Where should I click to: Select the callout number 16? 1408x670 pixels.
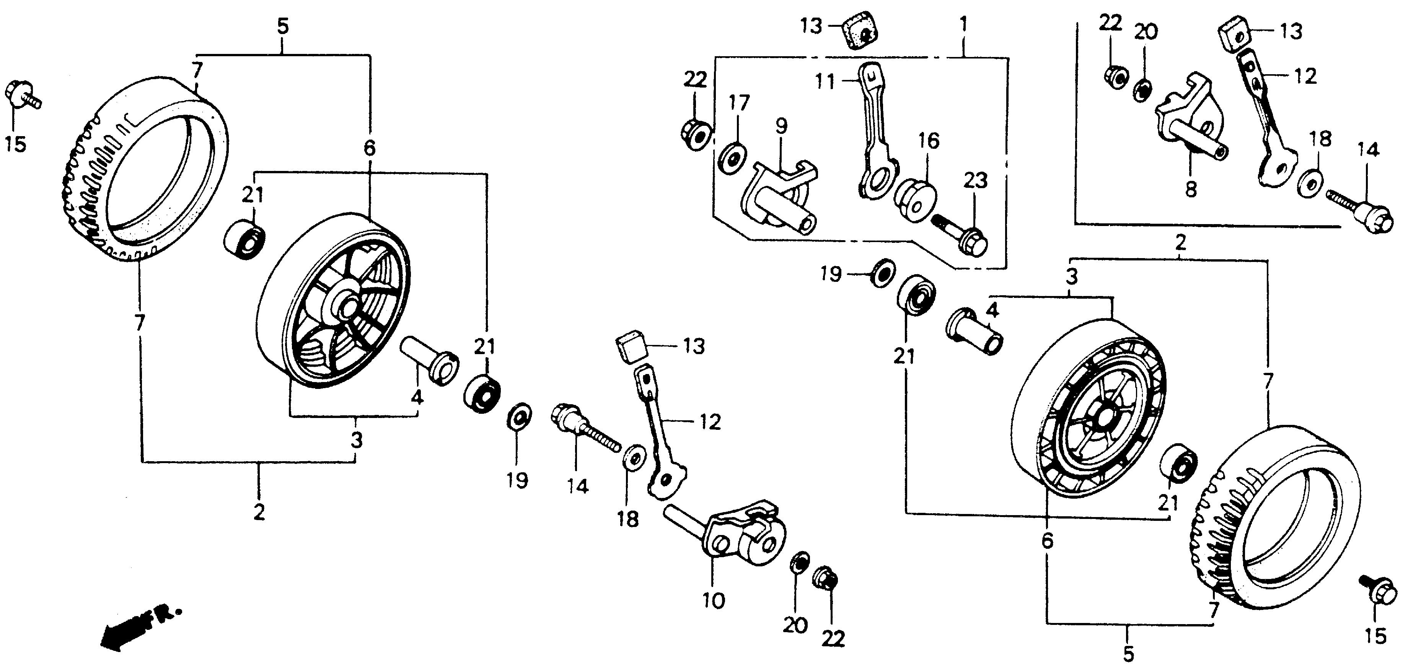coord(929,141)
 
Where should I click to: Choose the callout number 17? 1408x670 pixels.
coord(738,103)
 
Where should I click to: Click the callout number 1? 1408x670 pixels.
coord(964,24)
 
